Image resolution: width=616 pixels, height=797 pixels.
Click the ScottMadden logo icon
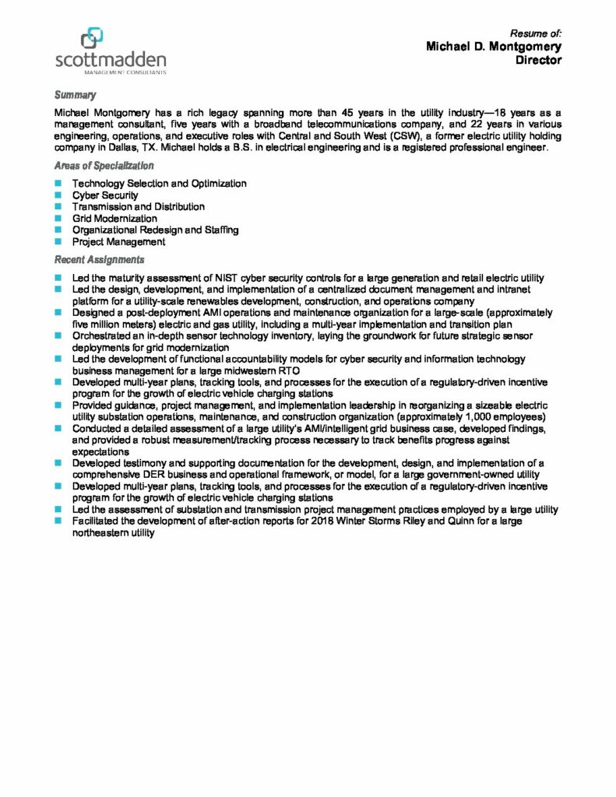pos(91,37)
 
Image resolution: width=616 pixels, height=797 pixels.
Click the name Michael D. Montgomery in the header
pos(493,47)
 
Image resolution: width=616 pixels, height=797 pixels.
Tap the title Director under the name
pos(538,61)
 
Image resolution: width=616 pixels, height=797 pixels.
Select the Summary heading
pos(75,95)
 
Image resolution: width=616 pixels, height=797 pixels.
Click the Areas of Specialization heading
pos(104,166)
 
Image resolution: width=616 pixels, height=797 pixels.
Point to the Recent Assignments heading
pos(98,259)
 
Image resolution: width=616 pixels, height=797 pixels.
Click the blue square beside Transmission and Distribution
pos(58,207)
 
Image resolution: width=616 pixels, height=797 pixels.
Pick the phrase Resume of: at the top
pos(535,33)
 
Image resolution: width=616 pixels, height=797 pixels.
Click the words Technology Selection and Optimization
pos(159,184)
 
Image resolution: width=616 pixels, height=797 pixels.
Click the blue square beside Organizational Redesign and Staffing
pos(58,230)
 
